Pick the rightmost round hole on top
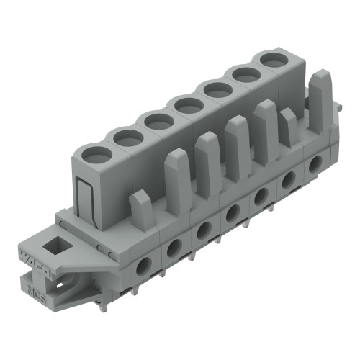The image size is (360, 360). click(272, 60)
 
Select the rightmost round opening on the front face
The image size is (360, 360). click(315, 165)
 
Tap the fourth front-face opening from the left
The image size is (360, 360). click(233, 213)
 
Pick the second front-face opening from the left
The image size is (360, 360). click(174, 248)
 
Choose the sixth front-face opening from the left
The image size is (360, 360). click(287, 181)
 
